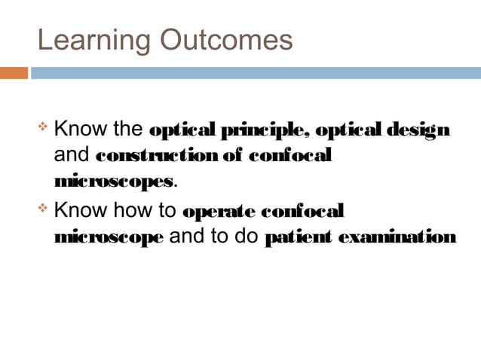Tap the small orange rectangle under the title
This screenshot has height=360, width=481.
point(14,73)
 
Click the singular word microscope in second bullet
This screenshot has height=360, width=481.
point(109,238)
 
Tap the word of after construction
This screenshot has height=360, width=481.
point(231,157)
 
